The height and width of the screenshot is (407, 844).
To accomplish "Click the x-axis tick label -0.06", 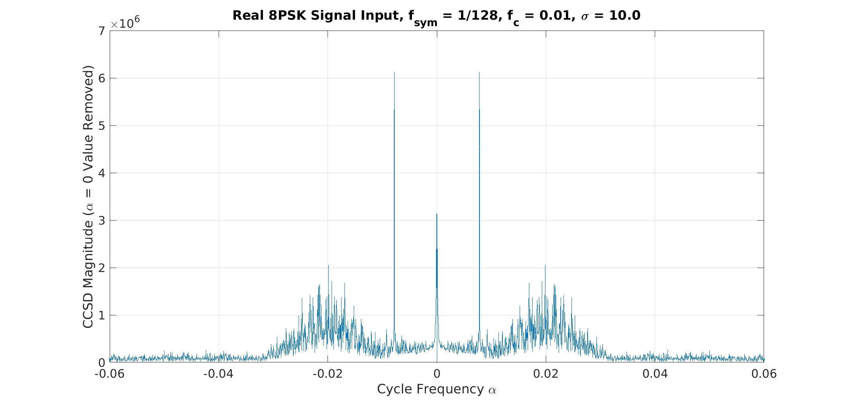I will [x=109, y=374].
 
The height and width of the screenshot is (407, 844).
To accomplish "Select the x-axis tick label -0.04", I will [x=218, y=374].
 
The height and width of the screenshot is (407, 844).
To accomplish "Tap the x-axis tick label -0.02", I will [x=328, y=374].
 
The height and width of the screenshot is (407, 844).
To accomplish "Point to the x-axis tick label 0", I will [x=437, y=374].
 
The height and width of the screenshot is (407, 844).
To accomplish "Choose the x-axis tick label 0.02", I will [x=546, y=374].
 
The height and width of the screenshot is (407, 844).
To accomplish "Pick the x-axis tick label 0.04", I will [x=655, y=374].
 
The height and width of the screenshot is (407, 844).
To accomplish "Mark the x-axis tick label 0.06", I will [x=764, y=374].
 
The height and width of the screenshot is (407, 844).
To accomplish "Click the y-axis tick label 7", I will [x=102, y=31].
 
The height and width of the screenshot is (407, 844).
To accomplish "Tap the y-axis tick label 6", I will [x=102, y=78].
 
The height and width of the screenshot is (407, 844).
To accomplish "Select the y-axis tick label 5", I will [x=102, y=126].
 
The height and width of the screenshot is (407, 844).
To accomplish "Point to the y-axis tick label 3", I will [x=102, y=221].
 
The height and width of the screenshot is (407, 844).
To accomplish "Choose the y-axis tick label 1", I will [x=102, y=315].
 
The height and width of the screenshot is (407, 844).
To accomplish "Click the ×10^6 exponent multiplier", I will [x=125, y=23].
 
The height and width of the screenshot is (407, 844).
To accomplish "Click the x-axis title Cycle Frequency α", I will [x=437, y=389].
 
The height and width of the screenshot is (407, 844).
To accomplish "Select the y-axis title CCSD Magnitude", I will [x=88, y=196].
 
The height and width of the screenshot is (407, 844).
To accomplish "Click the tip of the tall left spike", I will [x=394, y=72].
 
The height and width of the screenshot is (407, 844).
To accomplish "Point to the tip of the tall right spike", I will [x=479, y=72].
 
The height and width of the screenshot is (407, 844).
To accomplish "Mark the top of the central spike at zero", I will [x=437, y=214].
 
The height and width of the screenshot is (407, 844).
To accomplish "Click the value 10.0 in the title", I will [x=625, y=16].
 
